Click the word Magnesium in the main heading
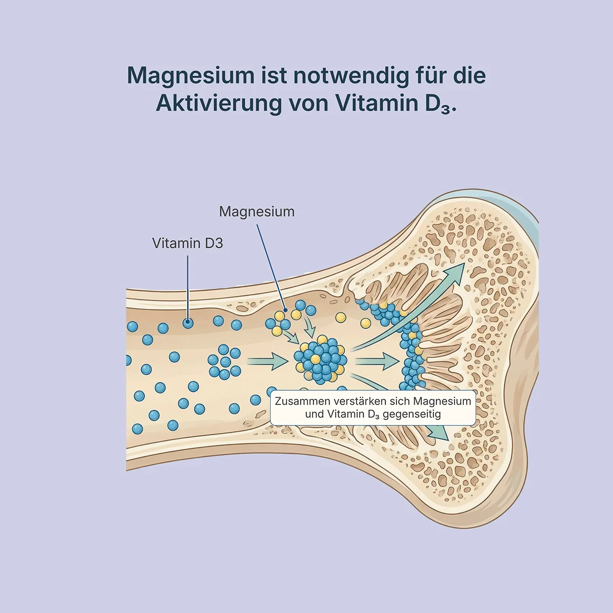coord(191,76)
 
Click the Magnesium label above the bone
coord(256,211)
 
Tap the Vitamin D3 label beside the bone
coord(187,243)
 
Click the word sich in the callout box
coord(400,401)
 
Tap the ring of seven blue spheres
coord(224,362)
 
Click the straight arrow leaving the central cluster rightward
coord(376,362)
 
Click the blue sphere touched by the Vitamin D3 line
coord(188,323)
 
